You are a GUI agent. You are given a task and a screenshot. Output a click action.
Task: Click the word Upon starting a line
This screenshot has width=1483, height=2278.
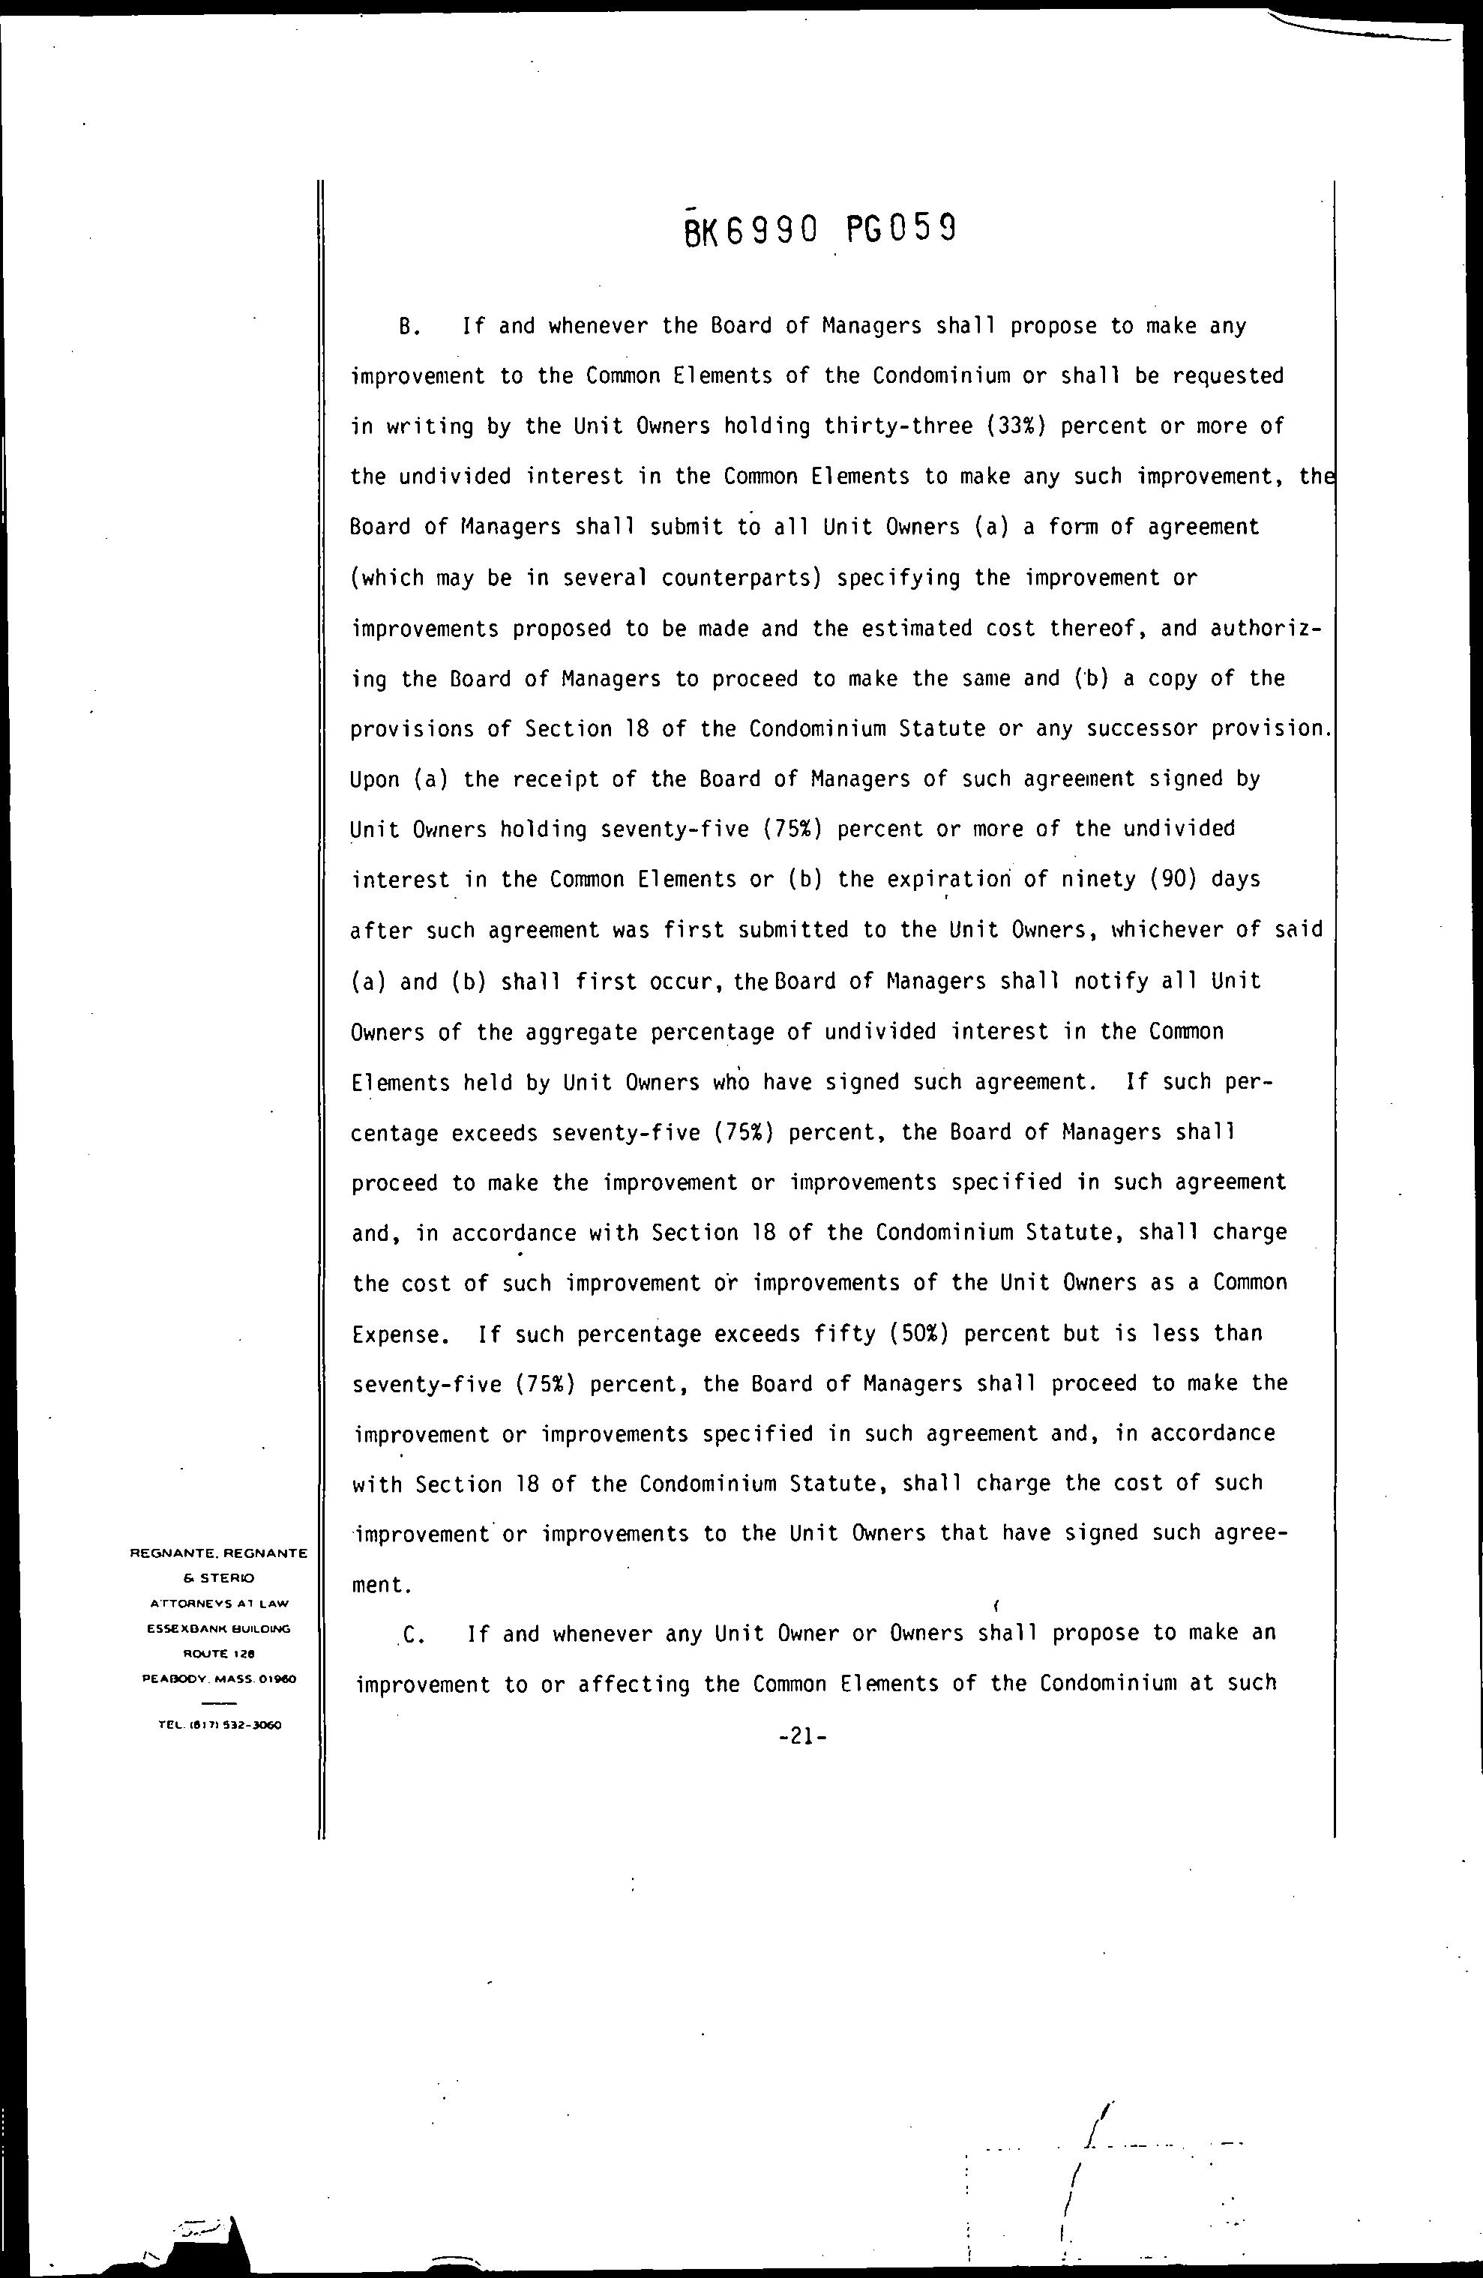coord(374,779)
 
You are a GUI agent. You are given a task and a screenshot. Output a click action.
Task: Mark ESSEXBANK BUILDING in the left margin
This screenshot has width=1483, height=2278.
coord(219,1628)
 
